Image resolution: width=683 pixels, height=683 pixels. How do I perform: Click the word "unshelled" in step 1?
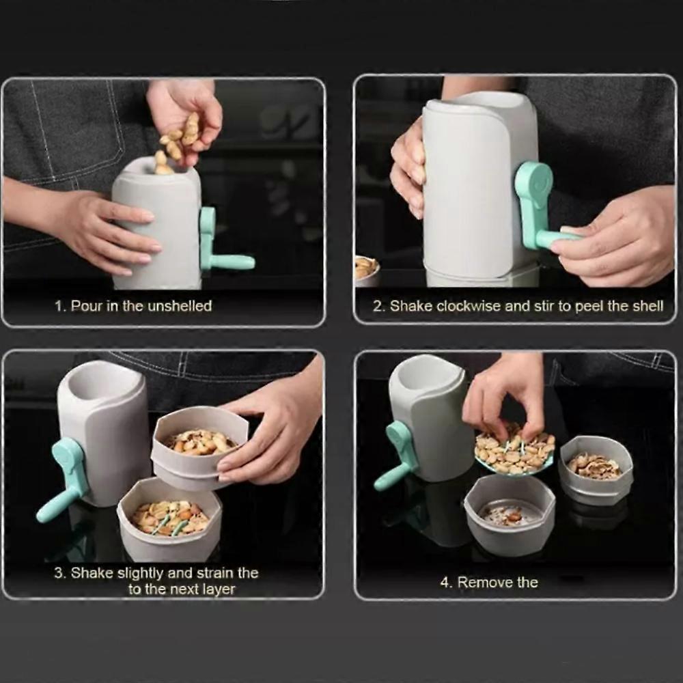click(x=178, y=306)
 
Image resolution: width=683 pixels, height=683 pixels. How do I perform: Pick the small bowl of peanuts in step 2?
click(x=367, y=270)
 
